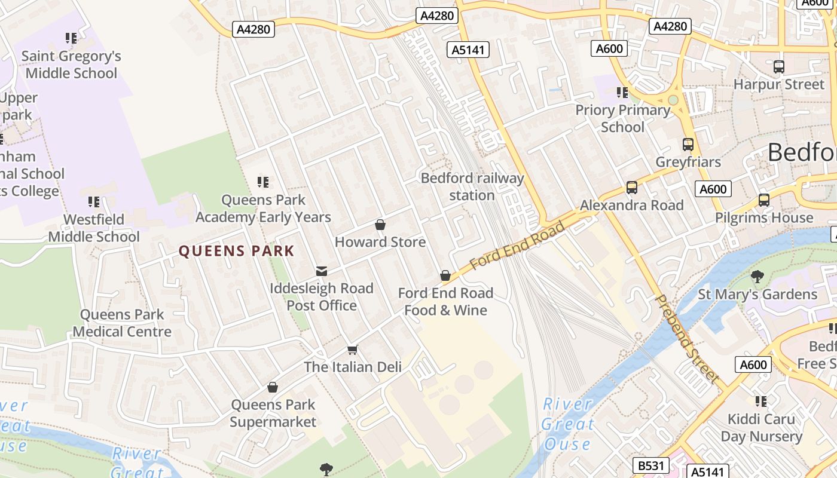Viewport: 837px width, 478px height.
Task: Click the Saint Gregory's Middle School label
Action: click(x=71, y=65)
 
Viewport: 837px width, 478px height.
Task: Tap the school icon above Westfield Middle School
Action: click(x=94, y=202)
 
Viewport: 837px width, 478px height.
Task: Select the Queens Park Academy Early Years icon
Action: click(x=263, y=182)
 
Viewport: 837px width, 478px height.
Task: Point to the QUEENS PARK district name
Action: click(x=237, y=251)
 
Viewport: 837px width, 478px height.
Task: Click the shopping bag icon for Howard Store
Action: click(x=380, y=225)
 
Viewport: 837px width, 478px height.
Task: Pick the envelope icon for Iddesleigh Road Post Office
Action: click(x=322, y=271)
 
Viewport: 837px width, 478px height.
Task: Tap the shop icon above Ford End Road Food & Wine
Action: click(x=445, y=275)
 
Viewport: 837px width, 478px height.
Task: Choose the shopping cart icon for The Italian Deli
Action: click(x=353, y=350)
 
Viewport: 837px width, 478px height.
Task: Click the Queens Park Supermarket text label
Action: click(x=273, y=413)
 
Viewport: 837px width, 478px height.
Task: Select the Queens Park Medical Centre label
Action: click(x=122, y=323)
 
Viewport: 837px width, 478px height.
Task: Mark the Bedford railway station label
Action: click(x=472, y=186)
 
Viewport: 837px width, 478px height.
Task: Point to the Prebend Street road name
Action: click(x=687, y=338)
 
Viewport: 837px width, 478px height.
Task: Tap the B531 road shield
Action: click(x=650, y=465)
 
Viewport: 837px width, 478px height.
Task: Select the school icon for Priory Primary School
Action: click(x=622, y=93)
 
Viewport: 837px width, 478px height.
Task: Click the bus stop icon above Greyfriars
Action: click(x=688, y=144)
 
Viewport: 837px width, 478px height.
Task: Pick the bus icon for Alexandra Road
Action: click(x=631, y=188)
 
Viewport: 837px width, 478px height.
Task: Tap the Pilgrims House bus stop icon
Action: click(x=763, y=200)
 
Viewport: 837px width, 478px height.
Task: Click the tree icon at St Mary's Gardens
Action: click(x=757, y=277)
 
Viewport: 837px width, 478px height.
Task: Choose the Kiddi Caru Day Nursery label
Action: click(x=761, y=428)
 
